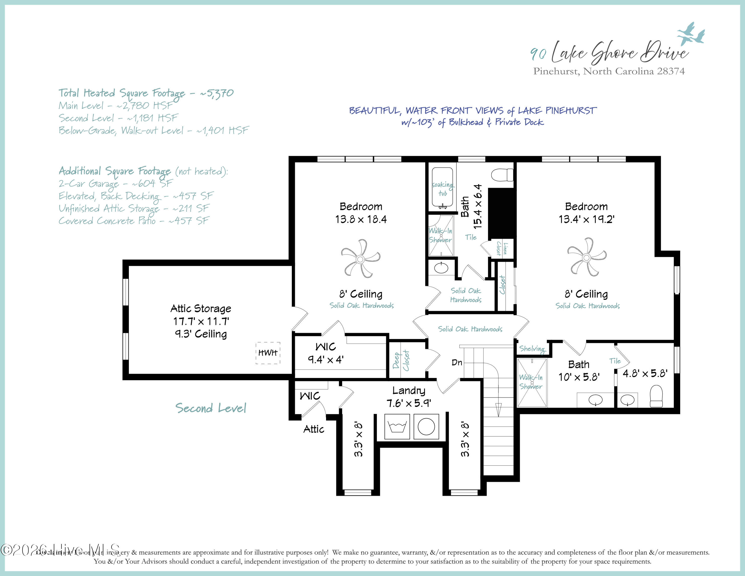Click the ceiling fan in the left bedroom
360,259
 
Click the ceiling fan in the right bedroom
586,258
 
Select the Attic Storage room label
201,308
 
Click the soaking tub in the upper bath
443,188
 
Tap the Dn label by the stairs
457,362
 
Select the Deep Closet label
401,360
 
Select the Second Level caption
211,408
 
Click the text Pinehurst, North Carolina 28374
609,71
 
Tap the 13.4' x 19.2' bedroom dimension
586,219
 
